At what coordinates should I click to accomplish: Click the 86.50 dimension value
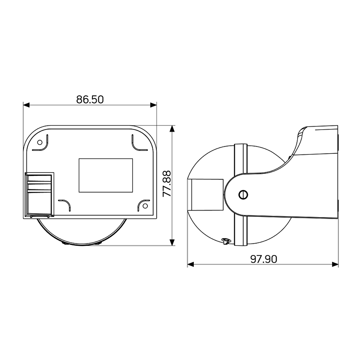click(x=90, y=100)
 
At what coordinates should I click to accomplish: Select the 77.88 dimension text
click(x=167, y=184)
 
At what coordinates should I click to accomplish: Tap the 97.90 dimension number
click(x=264, y=259)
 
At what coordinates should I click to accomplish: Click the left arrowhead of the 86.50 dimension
click(x=26, y=105)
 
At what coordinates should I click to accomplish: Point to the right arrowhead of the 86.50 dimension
click(x=153, y=105)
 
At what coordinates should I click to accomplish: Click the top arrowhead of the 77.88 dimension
click(x=172, y=129)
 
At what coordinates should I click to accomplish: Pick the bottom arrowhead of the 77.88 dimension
click(x=172, y=242)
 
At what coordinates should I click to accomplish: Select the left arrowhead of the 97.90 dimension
click(x=191, y=264)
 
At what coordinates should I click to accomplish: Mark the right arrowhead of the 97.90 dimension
click(x=335, y=264)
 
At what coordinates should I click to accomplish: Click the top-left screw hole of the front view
click(x=40, y=142)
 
